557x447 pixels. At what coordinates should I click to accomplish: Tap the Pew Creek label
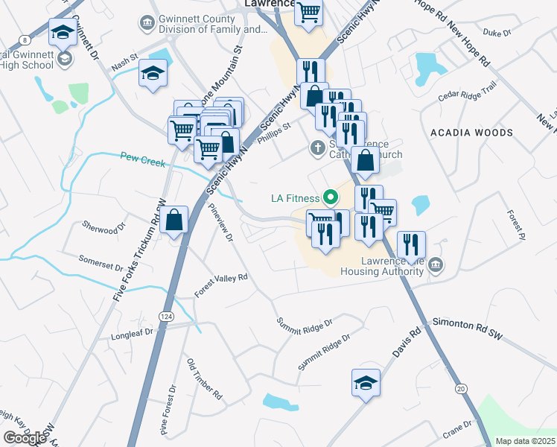coord(141,157)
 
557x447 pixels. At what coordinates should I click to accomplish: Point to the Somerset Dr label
coord(101,264)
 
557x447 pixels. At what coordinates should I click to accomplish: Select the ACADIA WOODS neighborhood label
coord(471,133)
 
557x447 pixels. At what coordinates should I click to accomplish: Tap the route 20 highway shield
coord(461,388)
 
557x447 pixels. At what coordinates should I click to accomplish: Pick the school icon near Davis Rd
coord(366,383)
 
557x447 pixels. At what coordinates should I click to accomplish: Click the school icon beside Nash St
coord(153,73)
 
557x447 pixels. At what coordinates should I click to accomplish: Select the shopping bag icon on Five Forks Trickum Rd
coord(174,220)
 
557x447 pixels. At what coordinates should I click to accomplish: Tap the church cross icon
coord(316,148)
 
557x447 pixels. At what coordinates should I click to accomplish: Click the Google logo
coord(25,437)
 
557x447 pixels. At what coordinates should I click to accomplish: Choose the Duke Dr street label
coord(497,33)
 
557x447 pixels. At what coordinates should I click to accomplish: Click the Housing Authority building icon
coord(436,264)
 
